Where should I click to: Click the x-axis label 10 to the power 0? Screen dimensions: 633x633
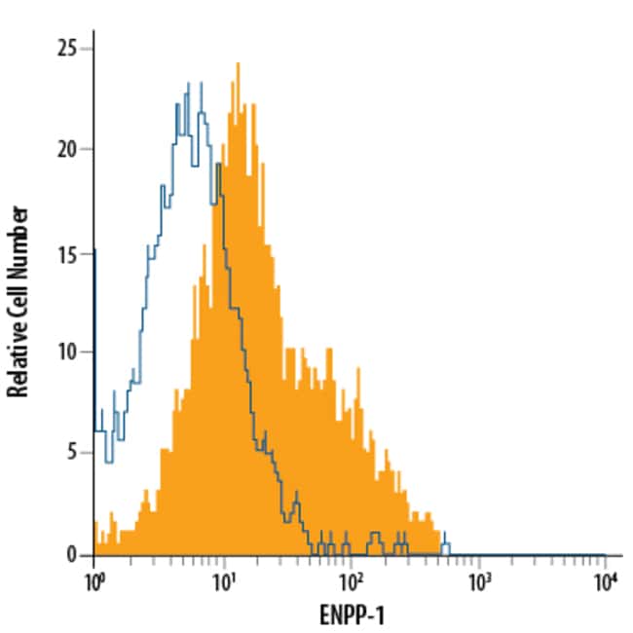click(94, 581)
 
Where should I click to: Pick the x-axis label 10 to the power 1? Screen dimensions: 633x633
click(223, 581)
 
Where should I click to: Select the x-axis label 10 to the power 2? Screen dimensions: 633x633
click(351, 581)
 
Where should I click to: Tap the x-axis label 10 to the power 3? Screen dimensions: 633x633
click(478, 581)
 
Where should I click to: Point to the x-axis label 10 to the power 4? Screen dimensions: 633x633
click(606, 581)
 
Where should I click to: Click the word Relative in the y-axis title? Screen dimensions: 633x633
click(19, 356)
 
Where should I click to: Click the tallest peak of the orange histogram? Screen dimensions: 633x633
click(238, 64)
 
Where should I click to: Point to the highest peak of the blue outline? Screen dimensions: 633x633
click(200, 83)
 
